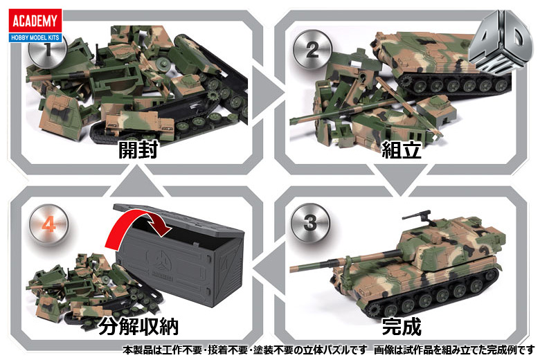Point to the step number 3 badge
point(308,222)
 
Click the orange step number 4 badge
point(48,223)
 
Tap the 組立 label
point(402,150)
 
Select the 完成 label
point(402,325)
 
